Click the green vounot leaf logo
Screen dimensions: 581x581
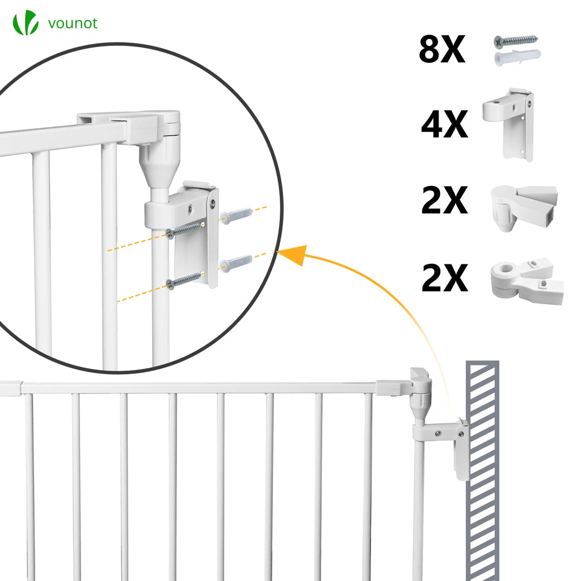26,23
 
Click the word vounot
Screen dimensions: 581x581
73,23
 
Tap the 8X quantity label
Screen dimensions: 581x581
441,49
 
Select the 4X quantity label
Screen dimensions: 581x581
444,124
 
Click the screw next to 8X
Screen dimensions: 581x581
515,41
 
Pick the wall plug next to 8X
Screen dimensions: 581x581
517,57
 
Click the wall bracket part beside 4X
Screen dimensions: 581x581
509,124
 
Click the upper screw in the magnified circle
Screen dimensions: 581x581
186,229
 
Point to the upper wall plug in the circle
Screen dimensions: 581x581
236,214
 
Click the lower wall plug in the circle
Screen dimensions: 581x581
236,263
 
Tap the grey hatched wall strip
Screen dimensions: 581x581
482,470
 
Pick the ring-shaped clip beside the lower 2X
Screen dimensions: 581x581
527,280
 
